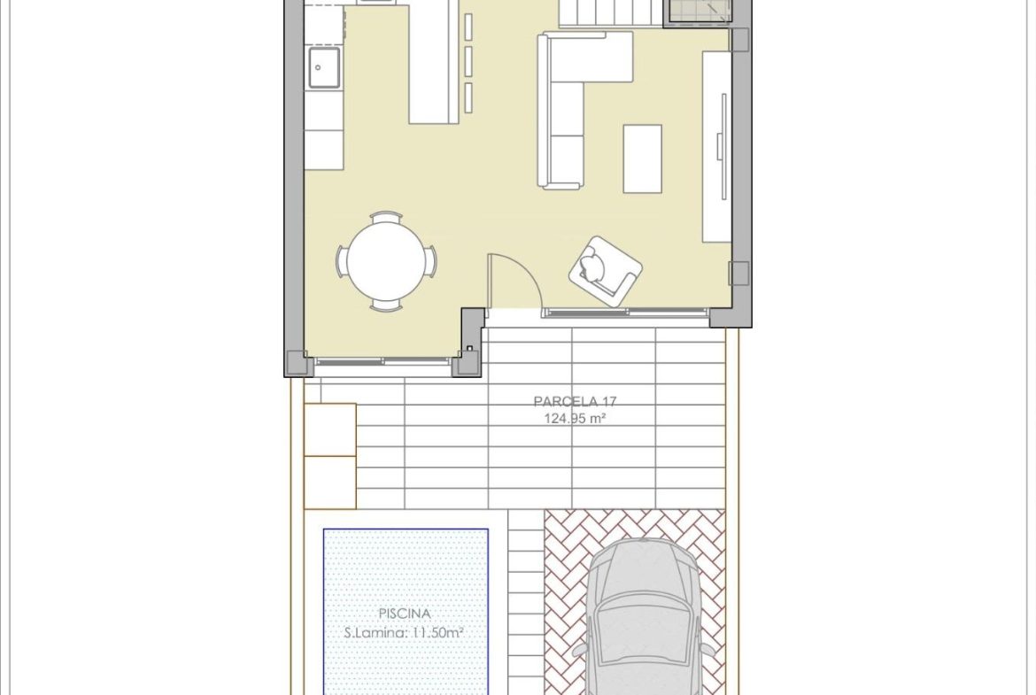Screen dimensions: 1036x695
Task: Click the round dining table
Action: tap(386, 260)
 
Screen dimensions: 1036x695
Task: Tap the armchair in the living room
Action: tap(605, 272)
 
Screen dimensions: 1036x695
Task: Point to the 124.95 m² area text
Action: tap(575, 418)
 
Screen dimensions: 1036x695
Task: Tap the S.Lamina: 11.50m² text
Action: tap(404, 633)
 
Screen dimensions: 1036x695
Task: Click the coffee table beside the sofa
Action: tap(642, 158)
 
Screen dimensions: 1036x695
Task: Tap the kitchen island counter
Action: tap(433, 62)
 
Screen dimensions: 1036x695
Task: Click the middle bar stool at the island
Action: tap(468, 61)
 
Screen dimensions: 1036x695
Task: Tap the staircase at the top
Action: tap(610, 13)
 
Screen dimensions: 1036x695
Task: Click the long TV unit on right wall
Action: tap(716, 147)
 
